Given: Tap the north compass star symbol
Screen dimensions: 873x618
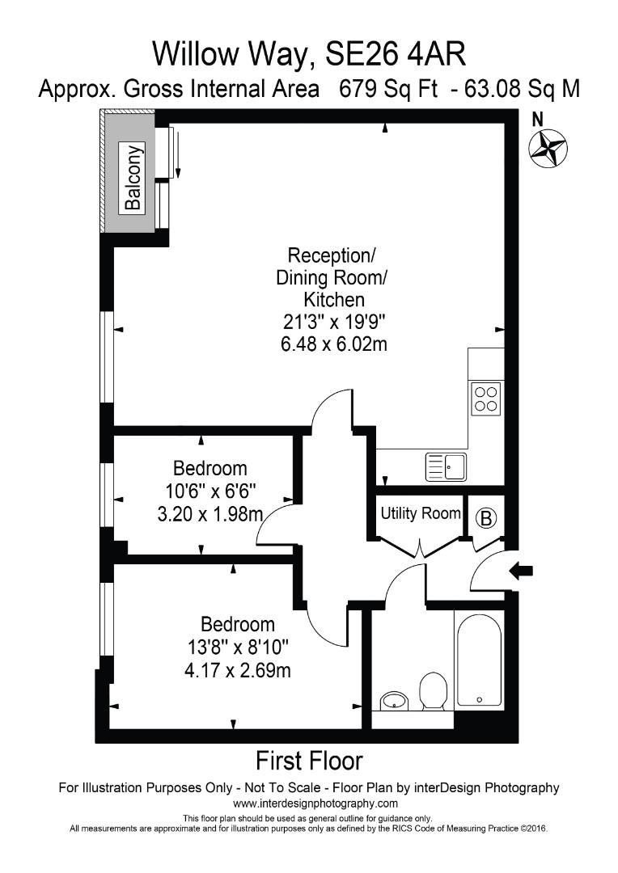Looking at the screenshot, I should click(548, 149).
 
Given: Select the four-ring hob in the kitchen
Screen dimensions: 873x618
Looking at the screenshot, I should click(485, 399).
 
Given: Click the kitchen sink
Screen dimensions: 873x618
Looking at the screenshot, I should click(445, 466).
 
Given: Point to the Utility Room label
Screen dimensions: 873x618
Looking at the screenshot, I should click(420, 513).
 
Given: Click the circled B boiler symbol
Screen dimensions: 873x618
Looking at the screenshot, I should click(486, 518).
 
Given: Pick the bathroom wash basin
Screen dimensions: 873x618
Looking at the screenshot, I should click(394, 700).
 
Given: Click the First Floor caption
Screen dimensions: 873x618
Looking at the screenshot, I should click(309, 761).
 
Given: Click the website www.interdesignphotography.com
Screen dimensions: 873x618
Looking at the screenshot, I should click(315, 803).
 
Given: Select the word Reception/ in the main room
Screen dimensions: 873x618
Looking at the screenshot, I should click(332, 256).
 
